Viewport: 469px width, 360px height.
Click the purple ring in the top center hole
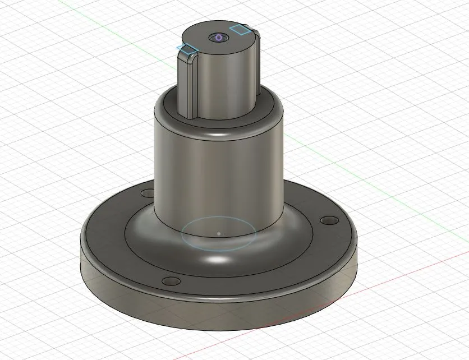[x=218, y=38]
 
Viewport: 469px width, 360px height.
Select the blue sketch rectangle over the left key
[x=187, y=50]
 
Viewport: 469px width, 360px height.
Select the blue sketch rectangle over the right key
[x=240, y=29]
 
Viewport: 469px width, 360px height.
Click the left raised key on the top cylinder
[x=187, y=84]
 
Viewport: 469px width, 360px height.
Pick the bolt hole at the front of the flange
[x=167, y=280]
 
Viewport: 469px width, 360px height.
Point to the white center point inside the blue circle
[x=218, y=233]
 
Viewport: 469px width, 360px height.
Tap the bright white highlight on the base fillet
[x=216, y=261]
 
